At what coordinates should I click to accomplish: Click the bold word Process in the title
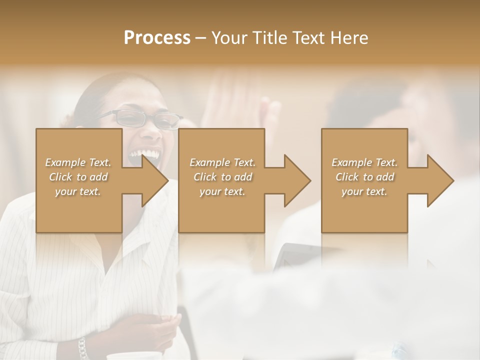coord(157,38)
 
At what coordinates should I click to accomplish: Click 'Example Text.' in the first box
coord(78,162)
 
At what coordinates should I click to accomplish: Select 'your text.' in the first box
coord(78,191)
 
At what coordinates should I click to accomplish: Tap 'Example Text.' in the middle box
coord(222,162)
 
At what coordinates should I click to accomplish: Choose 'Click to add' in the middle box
coord(222,177)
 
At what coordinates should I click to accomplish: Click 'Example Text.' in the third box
coord(364,162)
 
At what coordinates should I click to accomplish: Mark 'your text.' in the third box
coord(364,191)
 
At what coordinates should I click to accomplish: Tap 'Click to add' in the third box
coord(364,177)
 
